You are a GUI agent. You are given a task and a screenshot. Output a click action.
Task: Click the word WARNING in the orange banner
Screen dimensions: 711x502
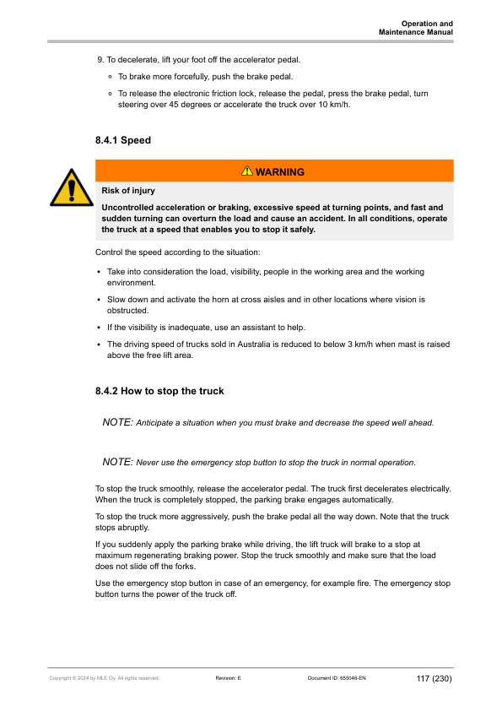pos(279,171)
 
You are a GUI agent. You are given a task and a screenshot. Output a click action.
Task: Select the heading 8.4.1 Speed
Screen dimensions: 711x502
pos(123,140)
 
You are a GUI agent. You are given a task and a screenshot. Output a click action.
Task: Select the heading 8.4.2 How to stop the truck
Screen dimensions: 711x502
pos(159,392)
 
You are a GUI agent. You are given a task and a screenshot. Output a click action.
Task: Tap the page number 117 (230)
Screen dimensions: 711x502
pos(434,678)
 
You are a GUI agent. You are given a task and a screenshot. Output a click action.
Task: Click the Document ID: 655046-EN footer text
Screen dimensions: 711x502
pos(337,678)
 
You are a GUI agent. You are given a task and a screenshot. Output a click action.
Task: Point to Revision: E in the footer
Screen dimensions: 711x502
pos(228,678)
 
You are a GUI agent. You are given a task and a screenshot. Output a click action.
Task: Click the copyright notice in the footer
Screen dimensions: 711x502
pos(104,678)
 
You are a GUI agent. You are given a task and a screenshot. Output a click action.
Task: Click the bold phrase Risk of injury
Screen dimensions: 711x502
pos(127,191)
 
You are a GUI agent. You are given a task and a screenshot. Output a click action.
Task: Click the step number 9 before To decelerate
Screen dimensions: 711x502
pos(100,61)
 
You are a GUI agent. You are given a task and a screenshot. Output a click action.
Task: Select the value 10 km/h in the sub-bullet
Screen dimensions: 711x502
pos(332,105)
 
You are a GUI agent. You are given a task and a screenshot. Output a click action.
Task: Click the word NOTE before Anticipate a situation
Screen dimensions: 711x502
pos(117,422)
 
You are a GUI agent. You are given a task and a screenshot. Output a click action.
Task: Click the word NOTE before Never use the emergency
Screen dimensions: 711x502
pos(117,462)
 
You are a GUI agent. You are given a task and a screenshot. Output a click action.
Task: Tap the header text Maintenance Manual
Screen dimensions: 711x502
pos(416,32)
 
